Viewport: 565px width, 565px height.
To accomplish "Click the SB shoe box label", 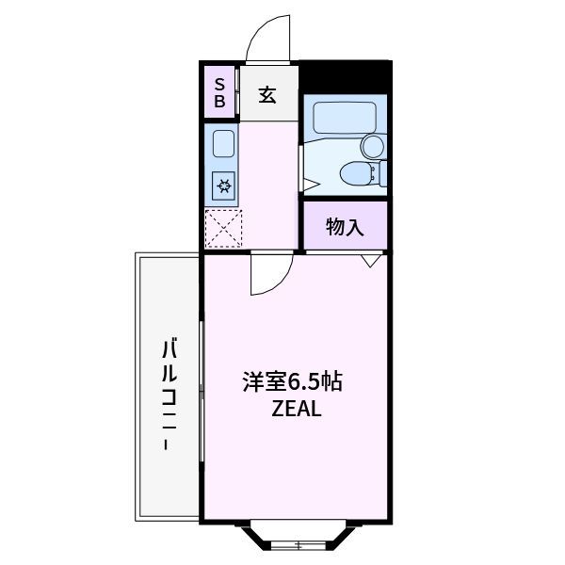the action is (x=219, y=93).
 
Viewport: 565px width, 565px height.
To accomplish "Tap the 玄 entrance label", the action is (x=267, y=94).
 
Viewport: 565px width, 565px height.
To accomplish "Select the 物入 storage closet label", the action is (x=345, y=227).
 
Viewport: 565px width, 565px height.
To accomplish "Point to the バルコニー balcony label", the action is (x=169, y=395).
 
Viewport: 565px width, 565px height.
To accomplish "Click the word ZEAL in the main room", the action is (x=297, y=409).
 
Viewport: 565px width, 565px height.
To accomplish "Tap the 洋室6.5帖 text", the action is (x=292, y=381).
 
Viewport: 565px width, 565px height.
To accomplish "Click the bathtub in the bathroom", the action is (x=345, y=118).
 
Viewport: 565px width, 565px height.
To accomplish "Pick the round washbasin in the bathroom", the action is (x=373, y=146).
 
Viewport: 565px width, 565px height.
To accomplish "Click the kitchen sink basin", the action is (x=223, y=143).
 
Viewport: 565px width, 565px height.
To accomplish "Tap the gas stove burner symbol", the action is (x=223, y=186).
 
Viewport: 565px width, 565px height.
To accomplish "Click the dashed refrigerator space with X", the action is (x=223, y=229).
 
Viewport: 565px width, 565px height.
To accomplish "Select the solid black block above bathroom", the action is (x=346, y=75).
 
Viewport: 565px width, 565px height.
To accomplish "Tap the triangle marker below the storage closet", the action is (x=370, y=261).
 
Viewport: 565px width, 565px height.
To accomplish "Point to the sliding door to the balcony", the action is (x=202, y=391).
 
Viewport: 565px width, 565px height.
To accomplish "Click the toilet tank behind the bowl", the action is (x=383, y=173).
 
